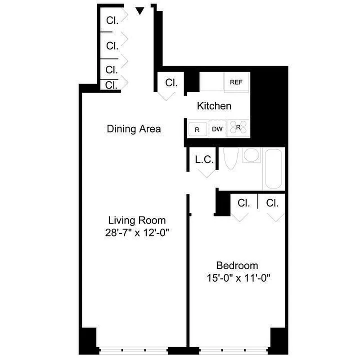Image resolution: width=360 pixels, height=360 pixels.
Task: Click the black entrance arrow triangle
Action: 140,10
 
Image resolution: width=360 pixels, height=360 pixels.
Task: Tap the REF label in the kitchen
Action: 236,82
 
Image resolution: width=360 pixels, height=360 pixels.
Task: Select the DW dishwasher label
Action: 217,129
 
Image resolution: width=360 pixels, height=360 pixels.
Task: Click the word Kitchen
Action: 214,106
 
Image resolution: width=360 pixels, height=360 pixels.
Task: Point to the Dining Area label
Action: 134,129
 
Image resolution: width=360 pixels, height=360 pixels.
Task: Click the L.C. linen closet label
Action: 204,159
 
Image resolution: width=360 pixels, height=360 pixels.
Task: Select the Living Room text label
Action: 137,220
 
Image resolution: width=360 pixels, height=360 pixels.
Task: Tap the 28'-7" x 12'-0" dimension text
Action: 137,233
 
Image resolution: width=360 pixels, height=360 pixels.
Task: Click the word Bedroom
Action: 237,265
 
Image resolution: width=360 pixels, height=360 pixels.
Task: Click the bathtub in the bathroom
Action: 274,170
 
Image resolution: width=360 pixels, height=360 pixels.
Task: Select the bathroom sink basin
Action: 250,156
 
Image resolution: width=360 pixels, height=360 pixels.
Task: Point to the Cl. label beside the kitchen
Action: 171,83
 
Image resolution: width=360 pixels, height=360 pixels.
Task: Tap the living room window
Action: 133,349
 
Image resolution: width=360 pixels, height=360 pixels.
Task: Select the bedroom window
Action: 234,349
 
